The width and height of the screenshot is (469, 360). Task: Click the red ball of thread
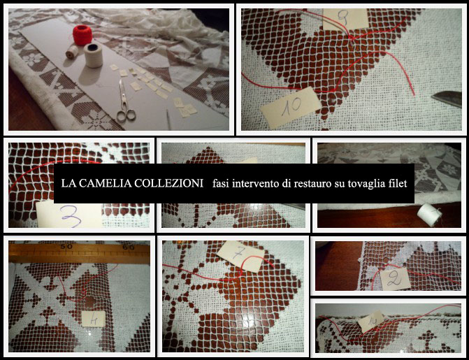tap(84, 34)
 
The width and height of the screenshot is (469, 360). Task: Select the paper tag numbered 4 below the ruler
tap(94, 317)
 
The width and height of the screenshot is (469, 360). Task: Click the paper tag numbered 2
tap(395, 279)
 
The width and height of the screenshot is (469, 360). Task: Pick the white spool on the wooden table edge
tap(426, 211)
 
